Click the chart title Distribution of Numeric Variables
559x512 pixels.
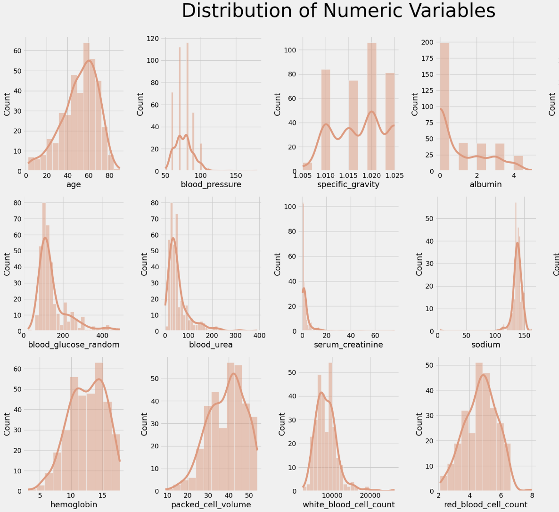[338, 11]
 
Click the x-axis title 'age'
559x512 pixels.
[74, 184]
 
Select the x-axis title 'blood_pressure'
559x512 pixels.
[211, 184]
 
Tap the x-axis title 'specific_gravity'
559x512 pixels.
[348, 184]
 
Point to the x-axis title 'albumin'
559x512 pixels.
[485, 184]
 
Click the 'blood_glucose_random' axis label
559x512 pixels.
[74, 345]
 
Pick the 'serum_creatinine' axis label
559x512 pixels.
[348, 345]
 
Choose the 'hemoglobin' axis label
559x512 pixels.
[74, 505]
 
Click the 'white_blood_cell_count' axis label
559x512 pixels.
[348, 505]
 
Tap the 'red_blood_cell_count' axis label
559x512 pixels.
[485, 505]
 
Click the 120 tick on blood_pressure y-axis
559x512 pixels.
[153, 38]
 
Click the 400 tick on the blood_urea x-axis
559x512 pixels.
[259, 336]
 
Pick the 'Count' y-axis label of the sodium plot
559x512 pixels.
[419, 264]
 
